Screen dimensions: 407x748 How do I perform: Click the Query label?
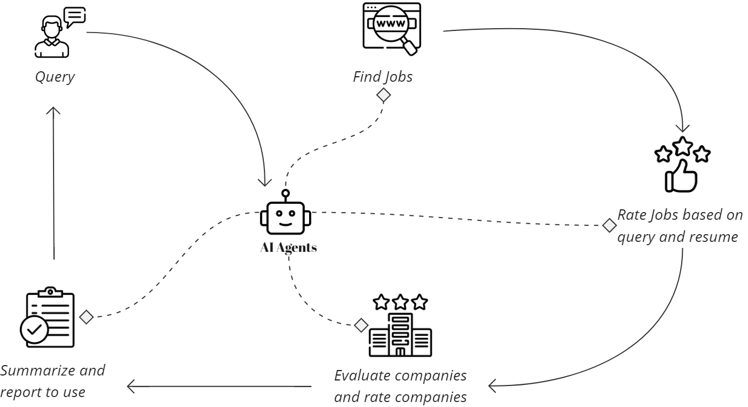pos(55,77)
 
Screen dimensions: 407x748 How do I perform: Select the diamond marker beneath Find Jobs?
pos(383,95)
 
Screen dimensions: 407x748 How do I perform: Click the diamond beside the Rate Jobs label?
pos(609,225)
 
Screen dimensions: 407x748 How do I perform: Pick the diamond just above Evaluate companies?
pos(360,325)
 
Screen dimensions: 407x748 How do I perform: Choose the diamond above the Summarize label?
pos(86,317)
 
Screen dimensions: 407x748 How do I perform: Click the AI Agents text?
pos(288,248)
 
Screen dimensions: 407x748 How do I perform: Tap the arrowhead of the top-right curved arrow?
pos(683,129)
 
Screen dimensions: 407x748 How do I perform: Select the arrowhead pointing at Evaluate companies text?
pos(491,385)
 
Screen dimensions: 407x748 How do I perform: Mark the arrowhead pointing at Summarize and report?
pos(130,387)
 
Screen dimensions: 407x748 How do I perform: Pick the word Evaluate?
pos(360,376)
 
